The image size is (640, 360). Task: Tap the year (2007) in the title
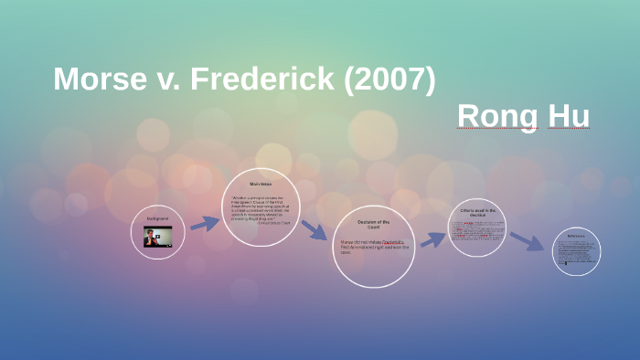point(386,79)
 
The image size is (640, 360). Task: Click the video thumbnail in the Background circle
point(157,238)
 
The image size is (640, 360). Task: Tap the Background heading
point(157,218)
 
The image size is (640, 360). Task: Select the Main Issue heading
point(261,185)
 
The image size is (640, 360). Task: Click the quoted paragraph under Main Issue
point(261,209)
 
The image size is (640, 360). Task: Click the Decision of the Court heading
point(373,224)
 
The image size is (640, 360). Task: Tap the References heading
point(576,236)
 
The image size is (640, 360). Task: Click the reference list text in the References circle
point(576,252)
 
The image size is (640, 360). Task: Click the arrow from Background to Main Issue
point(206,223)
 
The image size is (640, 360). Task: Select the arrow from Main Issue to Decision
point(313,229)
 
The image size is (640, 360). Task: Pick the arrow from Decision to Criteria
point(432,239)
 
